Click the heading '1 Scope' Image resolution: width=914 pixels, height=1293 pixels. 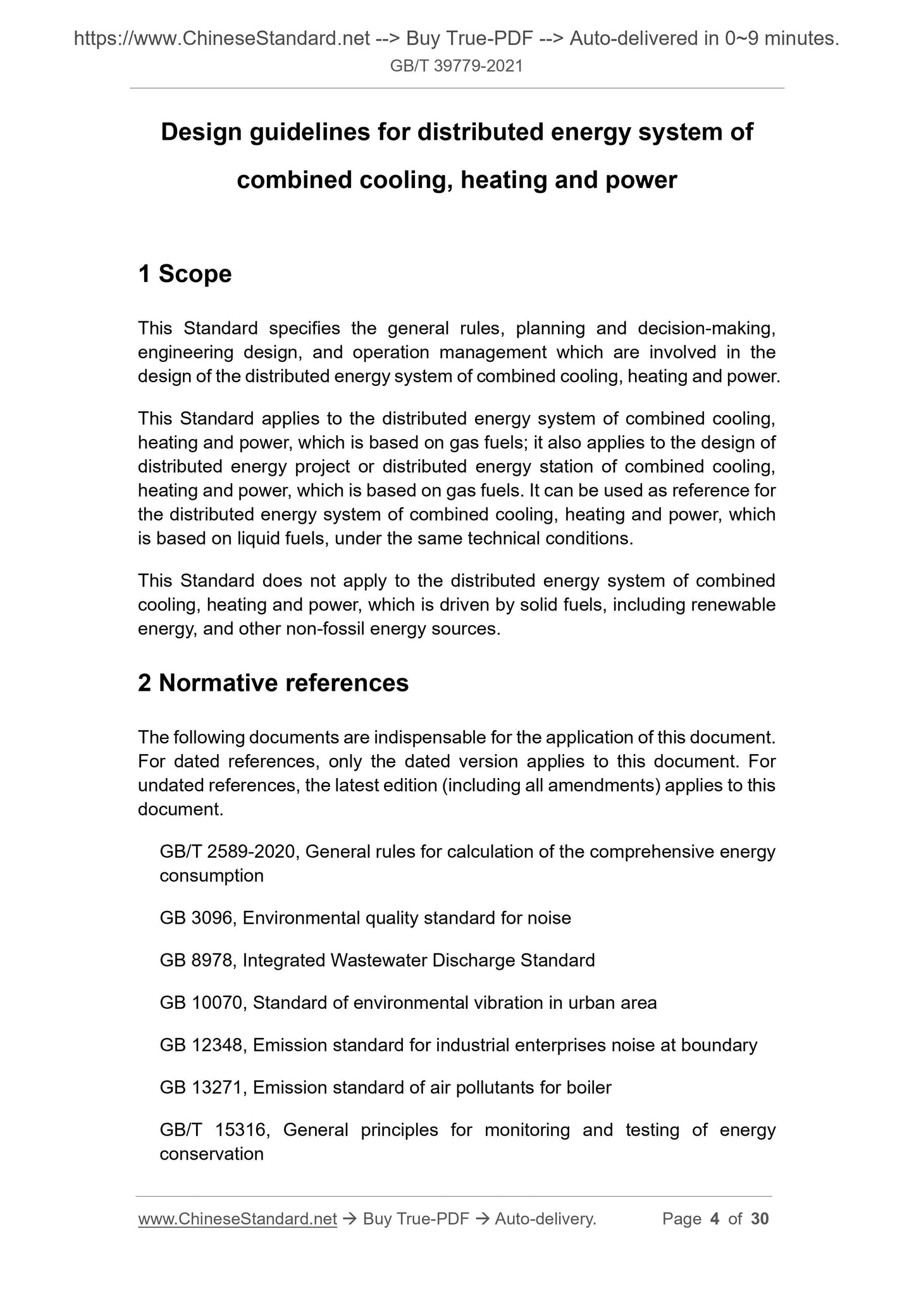tap(185, 274)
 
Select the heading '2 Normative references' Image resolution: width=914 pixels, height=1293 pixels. tap(273, 683)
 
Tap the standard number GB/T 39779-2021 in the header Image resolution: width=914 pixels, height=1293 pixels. tap(457, 66)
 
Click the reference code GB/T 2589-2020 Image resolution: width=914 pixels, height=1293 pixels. tap(228, 852)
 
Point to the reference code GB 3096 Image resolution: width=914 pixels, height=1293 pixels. tap(197, 918)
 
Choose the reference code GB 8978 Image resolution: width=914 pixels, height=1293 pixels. tap(197, 960)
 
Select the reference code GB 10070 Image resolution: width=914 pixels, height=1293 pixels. tap(202, 1003)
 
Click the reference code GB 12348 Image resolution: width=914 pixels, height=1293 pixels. tap(202, 1045)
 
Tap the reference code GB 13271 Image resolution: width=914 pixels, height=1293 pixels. tap(202, 1087)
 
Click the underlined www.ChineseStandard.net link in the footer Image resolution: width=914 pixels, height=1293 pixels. tap(237, 1219)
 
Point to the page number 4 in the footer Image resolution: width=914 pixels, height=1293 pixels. tap(715, 1219)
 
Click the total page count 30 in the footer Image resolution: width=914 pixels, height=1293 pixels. tap(759, 1219)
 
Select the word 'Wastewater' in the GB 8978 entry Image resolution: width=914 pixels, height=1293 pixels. tap(378, 960)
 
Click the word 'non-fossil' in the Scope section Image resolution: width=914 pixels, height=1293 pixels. tap(326, 629)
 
